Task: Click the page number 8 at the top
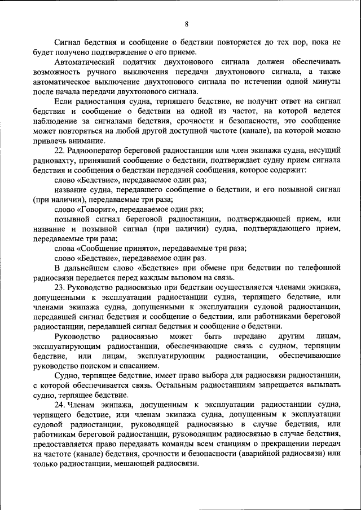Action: tap(186, 23)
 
